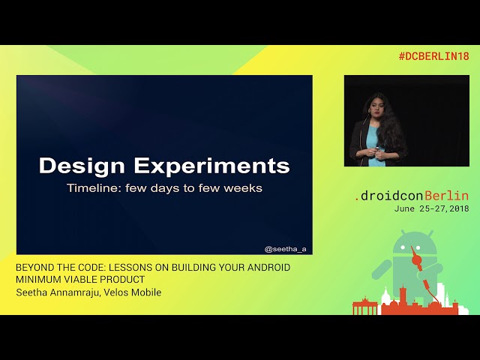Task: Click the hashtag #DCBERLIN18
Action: pyautogui.click(x=433, y=56)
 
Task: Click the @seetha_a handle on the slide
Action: pyautogui.click(x=286, y=248)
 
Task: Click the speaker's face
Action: pyautogui.click(x=375, y=104)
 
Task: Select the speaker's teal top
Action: pyautogui.click(x=373, y=139)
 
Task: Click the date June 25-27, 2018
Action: pyautogui.click(x=431, y=208)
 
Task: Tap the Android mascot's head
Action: pyautogui.click(x=413, y=244)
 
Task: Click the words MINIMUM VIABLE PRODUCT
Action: pyautogui.click(x=80, y=280)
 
